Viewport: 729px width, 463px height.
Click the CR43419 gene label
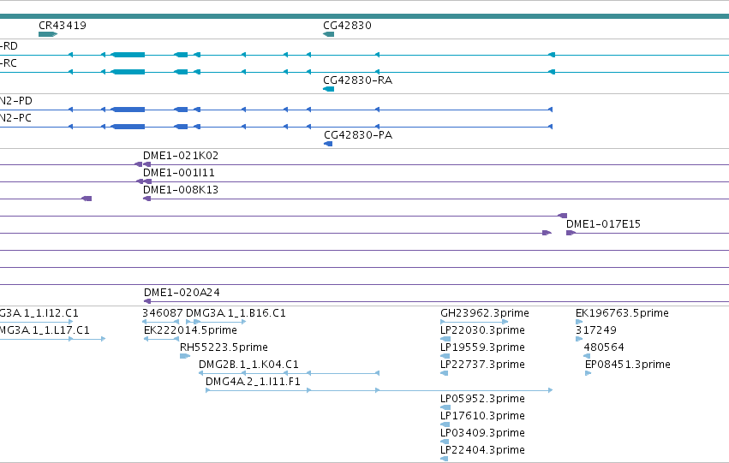63,25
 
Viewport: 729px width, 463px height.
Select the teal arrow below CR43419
48,34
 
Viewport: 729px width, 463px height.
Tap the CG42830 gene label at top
347,25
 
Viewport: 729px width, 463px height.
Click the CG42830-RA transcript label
357,80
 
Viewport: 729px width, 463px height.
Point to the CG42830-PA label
358,134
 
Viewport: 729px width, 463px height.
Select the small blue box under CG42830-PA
328,144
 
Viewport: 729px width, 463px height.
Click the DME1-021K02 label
181,155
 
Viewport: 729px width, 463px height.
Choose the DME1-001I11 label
178,172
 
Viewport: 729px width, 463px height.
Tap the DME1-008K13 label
181,189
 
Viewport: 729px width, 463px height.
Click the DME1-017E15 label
603,224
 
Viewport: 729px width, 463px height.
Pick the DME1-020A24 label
182,292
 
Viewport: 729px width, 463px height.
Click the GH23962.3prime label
485,313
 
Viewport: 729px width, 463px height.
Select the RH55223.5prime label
224,347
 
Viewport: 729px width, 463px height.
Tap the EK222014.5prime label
190,330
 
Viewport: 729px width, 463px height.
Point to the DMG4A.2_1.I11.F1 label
253,381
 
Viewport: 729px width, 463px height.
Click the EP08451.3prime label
628,365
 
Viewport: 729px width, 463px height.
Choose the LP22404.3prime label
482,450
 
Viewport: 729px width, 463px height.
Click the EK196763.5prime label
622,313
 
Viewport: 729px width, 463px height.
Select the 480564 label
604,347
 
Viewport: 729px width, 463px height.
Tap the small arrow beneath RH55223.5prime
184,356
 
